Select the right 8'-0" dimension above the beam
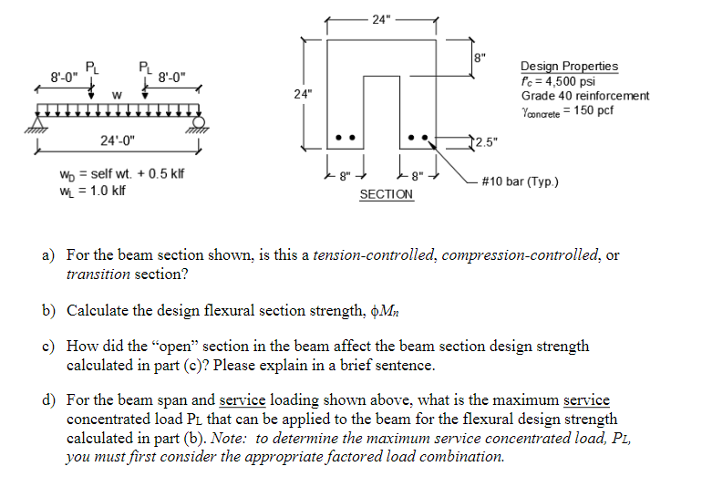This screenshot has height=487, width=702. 173,76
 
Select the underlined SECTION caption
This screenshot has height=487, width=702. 386,194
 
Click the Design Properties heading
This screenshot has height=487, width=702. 569,67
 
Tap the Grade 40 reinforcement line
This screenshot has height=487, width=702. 584,96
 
